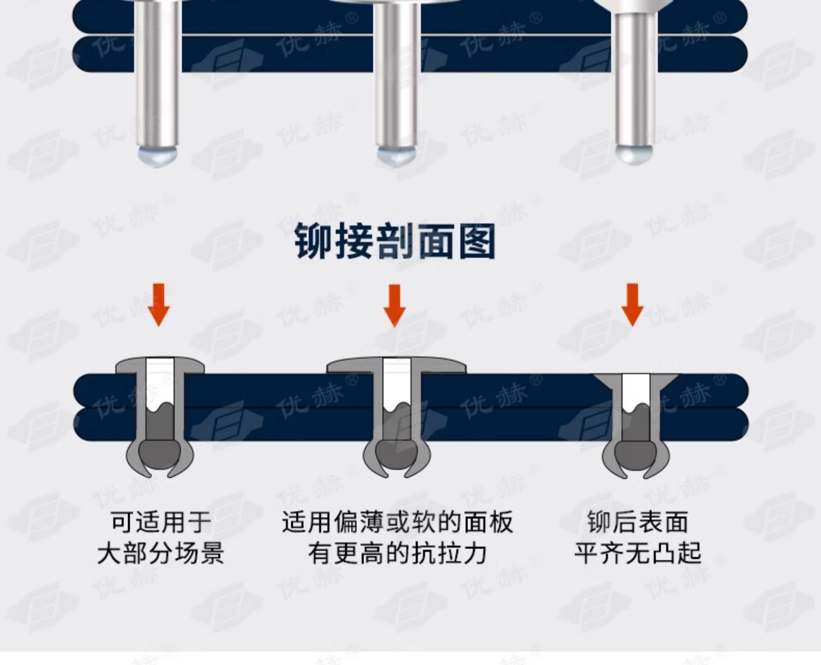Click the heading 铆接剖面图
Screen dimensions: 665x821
(395, 241)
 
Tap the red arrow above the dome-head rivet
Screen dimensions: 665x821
(159, 304)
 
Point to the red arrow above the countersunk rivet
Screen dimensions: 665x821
(633, 304)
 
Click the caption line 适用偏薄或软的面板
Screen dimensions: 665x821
(397, 522)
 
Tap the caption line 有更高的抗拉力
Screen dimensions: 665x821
(397, 553)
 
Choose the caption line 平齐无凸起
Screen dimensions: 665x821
(638, 553)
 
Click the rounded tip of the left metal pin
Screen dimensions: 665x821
(158, 155)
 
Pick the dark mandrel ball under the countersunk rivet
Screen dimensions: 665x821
(635, 453)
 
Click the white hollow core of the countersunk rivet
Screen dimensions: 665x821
(635, 391)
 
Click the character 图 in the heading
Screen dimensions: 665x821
(477, 241)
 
